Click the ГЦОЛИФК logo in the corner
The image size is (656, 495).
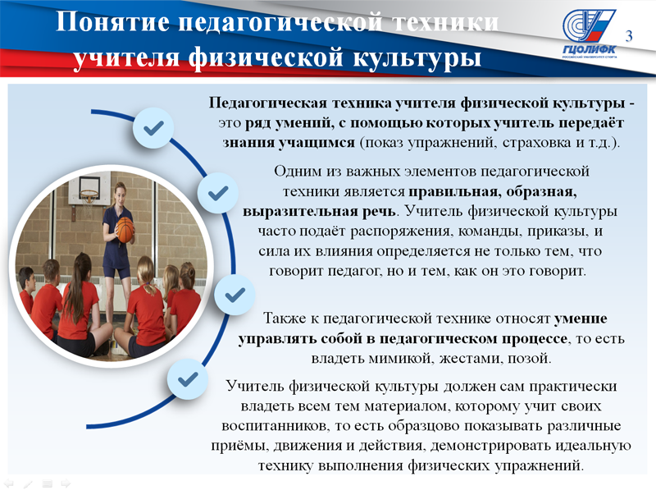(x=589, y=34)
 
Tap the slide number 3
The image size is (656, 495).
(x=629, y=37)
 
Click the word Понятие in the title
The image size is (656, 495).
(x=113, y=22)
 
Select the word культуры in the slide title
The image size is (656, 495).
(x=417, y=57)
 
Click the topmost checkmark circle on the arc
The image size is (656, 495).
(x=153, y=128)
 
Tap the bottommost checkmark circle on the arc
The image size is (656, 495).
(x=188, y=379)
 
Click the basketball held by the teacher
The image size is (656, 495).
(x=125, y=230)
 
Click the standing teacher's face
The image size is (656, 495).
(x=121, y=193)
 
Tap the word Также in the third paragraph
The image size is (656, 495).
(x=285, y=319)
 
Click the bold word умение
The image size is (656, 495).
(x=581, y=319)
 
